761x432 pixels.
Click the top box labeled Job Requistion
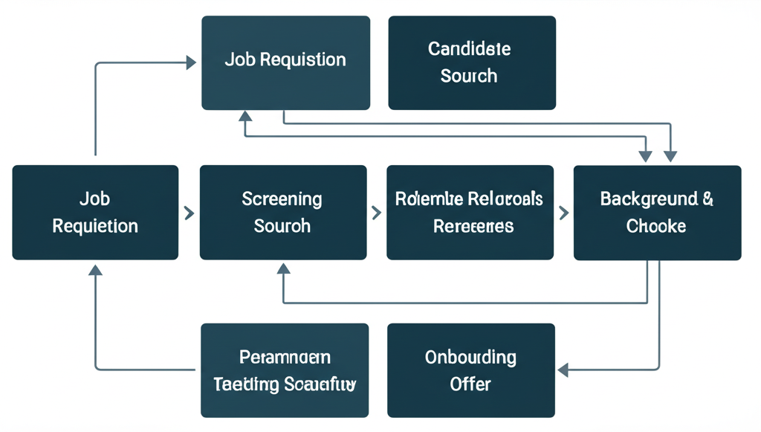coord(285,63)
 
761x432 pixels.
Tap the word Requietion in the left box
coord(95,226)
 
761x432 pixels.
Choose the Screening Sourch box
coord(283,213)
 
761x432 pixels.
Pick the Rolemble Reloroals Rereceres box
coord(470,213)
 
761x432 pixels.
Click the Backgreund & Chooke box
coord(657,213)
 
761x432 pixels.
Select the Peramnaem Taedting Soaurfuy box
coord(285,370)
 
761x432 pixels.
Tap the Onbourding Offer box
coord(471,370)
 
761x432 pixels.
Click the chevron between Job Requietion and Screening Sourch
coord(189,213)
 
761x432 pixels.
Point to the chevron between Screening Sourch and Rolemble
coord(376,213)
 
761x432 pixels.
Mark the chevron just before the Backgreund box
coord(563,213)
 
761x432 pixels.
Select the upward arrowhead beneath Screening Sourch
coord(283,274)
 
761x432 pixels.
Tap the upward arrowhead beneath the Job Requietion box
coord(95,271)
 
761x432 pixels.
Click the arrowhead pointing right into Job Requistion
coord(191,64)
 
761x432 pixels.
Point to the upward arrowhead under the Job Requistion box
coord(245,117)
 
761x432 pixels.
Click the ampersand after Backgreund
coord(708,199)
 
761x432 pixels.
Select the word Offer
coord(470,384)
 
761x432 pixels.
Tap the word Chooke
coord(656,226)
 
